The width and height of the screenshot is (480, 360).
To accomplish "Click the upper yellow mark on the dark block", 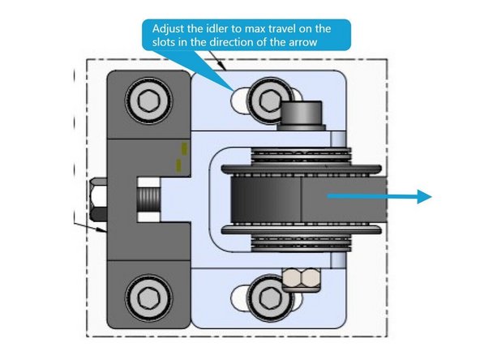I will [184, 148].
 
